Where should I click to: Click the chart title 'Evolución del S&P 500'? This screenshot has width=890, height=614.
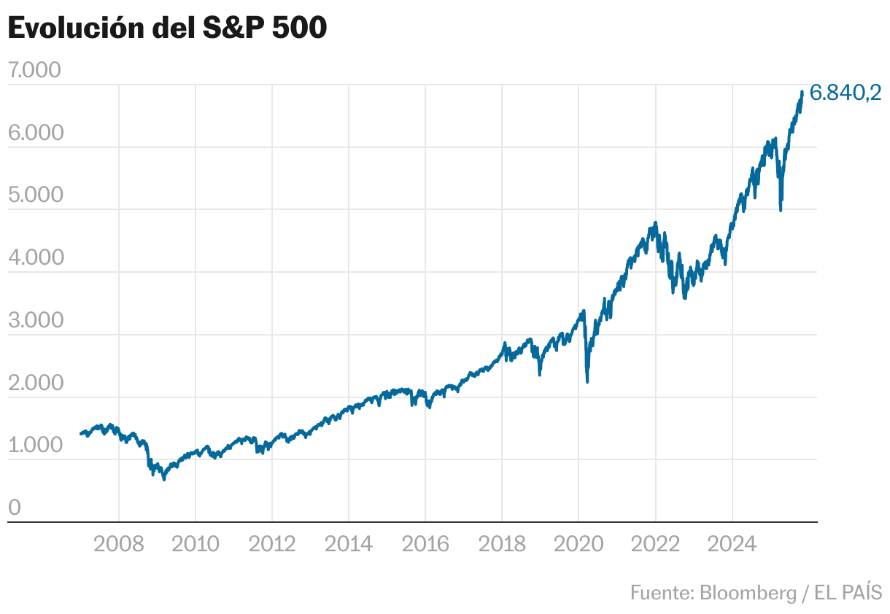(x=167, y=28)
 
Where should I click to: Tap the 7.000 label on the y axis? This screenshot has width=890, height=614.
(x=34, y=71)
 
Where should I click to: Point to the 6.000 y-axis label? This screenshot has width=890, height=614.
(x=34, y=133)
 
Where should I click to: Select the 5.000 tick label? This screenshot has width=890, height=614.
(x=34, y=195)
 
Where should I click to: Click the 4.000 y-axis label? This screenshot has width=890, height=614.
(x=34, y=258)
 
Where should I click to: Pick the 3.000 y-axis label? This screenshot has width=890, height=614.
(x=34, y=321)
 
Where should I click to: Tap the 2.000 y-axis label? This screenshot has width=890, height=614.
(x=34, y=384)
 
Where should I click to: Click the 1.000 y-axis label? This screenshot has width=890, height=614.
(x=34, y=446)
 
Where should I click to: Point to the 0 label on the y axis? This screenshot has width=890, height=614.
(x=15, y=508)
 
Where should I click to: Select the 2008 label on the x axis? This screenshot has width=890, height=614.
(x=118, y=544)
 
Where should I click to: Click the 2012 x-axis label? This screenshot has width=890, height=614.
(x=271, y=544)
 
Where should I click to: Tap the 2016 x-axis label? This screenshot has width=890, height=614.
(x=425, y=544)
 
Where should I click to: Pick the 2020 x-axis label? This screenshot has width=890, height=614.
(x=578, y=544)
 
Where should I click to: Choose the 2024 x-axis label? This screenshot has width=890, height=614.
(x=732, y=544)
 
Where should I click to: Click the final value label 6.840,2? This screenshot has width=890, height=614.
(x=845, y=93)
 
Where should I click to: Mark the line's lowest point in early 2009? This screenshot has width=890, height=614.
(x=164, y=479)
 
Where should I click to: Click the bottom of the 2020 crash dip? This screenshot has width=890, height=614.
(x=587, y=381)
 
